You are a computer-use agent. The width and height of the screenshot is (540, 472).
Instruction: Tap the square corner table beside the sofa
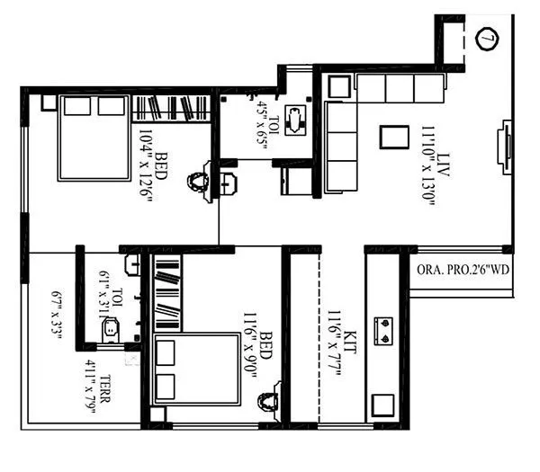click(339, 87)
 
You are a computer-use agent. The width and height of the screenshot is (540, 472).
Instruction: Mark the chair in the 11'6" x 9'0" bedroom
click(267, 401)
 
